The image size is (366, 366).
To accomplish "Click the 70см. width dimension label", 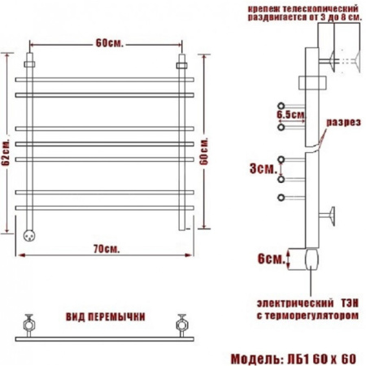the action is (107, 249).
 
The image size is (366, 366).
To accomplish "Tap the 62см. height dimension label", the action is (6, 152).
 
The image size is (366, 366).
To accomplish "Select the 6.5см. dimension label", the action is (291, 115).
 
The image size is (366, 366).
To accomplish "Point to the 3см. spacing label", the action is (263, 168).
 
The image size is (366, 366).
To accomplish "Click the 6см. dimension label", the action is (272, 259).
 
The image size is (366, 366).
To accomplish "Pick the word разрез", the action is (343, 122).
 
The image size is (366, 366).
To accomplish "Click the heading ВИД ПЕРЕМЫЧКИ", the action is (106, 316).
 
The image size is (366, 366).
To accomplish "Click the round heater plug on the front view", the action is (29, 235).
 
